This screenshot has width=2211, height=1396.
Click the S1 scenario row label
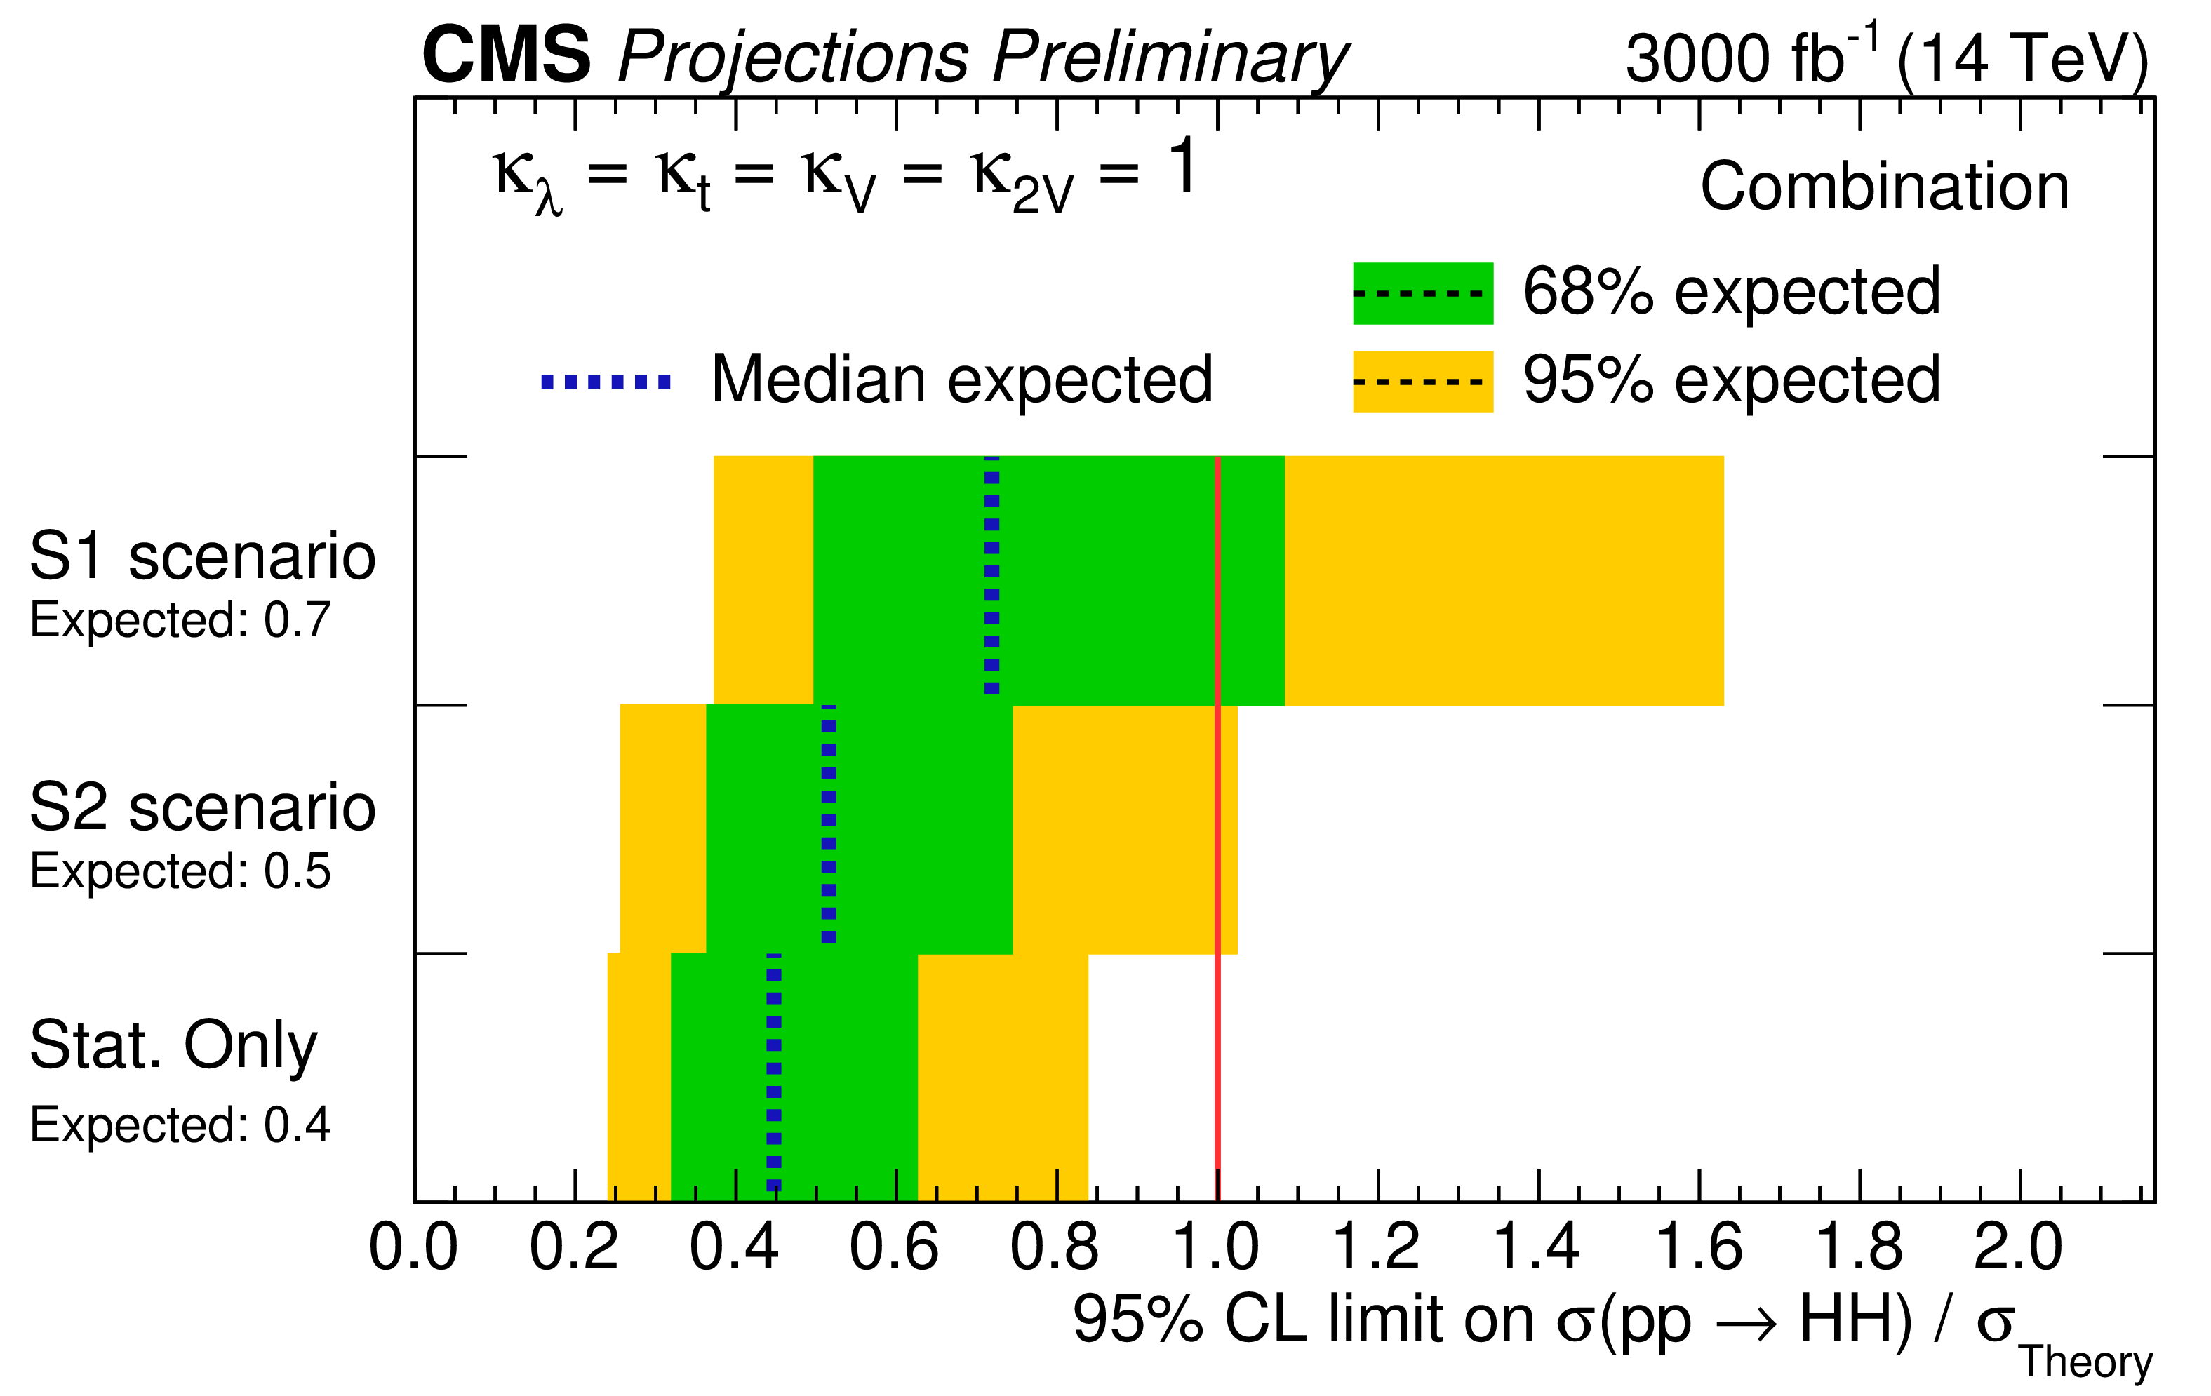coord(202,556)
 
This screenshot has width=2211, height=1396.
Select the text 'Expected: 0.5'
coord(180,871)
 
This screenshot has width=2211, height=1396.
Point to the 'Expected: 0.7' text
coord(180,620)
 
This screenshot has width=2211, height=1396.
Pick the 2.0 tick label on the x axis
coord(2018,1248)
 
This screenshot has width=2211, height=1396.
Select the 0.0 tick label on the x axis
coord(413,1248)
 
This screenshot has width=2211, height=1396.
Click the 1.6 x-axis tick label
coord(1698,1248)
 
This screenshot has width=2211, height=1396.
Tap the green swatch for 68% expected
coord(1422,294)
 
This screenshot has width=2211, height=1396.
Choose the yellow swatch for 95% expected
coord(1422,382)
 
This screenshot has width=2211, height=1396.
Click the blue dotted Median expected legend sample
coord(606,382)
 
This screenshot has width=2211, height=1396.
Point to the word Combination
coord(1884,187)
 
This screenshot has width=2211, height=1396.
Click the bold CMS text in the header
coord(506,55)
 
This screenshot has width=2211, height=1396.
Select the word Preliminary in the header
coord(1170,59)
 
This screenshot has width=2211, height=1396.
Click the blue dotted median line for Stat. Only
coord(774,1074)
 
